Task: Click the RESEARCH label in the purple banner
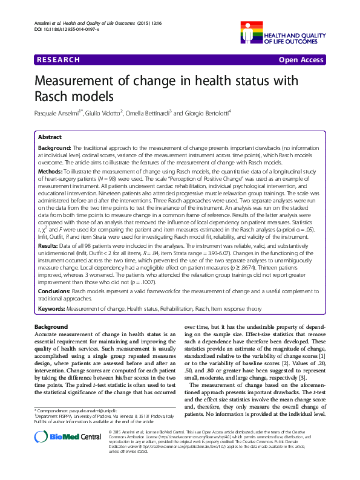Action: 58,60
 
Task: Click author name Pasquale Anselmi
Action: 58,114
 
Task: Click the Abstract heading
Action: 50,137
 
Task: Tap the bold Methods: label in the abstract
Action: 52,172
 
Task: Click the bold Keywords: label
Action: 51,309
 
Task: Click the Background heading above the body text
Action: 50,327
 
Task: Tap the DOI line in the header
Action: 57,28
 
